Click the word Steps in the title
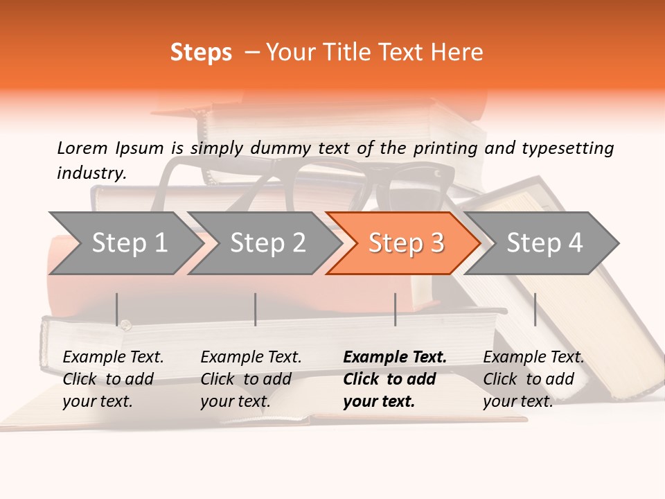pos(201,53)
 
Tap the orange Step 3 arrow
pos(406,243)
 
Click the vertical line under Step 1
pos(117,309)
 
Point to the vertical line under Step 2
pos(256,309)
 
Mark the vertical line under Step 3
pos(396,309)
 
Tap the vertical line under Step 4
pos(535,309)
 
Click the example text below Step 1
pos(113,379)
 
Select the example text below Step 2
pos(251,379)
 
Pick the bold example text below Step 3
pos(395,379)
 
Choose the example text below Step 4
pos(533,379)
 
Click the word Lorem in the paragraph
pos(82,148)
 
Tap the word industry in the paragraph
pos(91,173)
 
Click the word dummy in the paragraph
pos(281,148)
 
